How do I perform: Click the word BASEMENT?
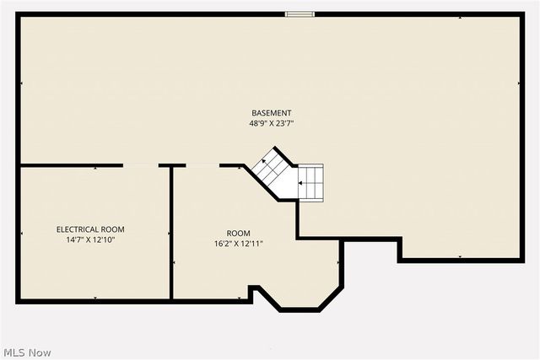271,113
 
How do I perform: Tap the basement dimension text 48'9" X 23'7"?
271,123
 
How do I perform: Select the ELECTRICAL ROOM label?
90,228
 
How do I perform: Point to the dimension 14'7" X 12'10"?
90,239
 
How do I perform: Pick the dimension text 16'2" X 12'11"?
238,244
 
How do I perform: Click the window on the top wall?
300,13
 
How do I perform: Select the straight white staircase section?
310,181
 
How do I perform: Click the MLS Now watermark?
27,351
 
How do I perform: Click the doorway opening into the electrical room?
141,165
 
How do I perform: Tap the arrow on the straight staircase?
302,180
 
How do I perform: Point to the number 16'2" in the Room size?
223,244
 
